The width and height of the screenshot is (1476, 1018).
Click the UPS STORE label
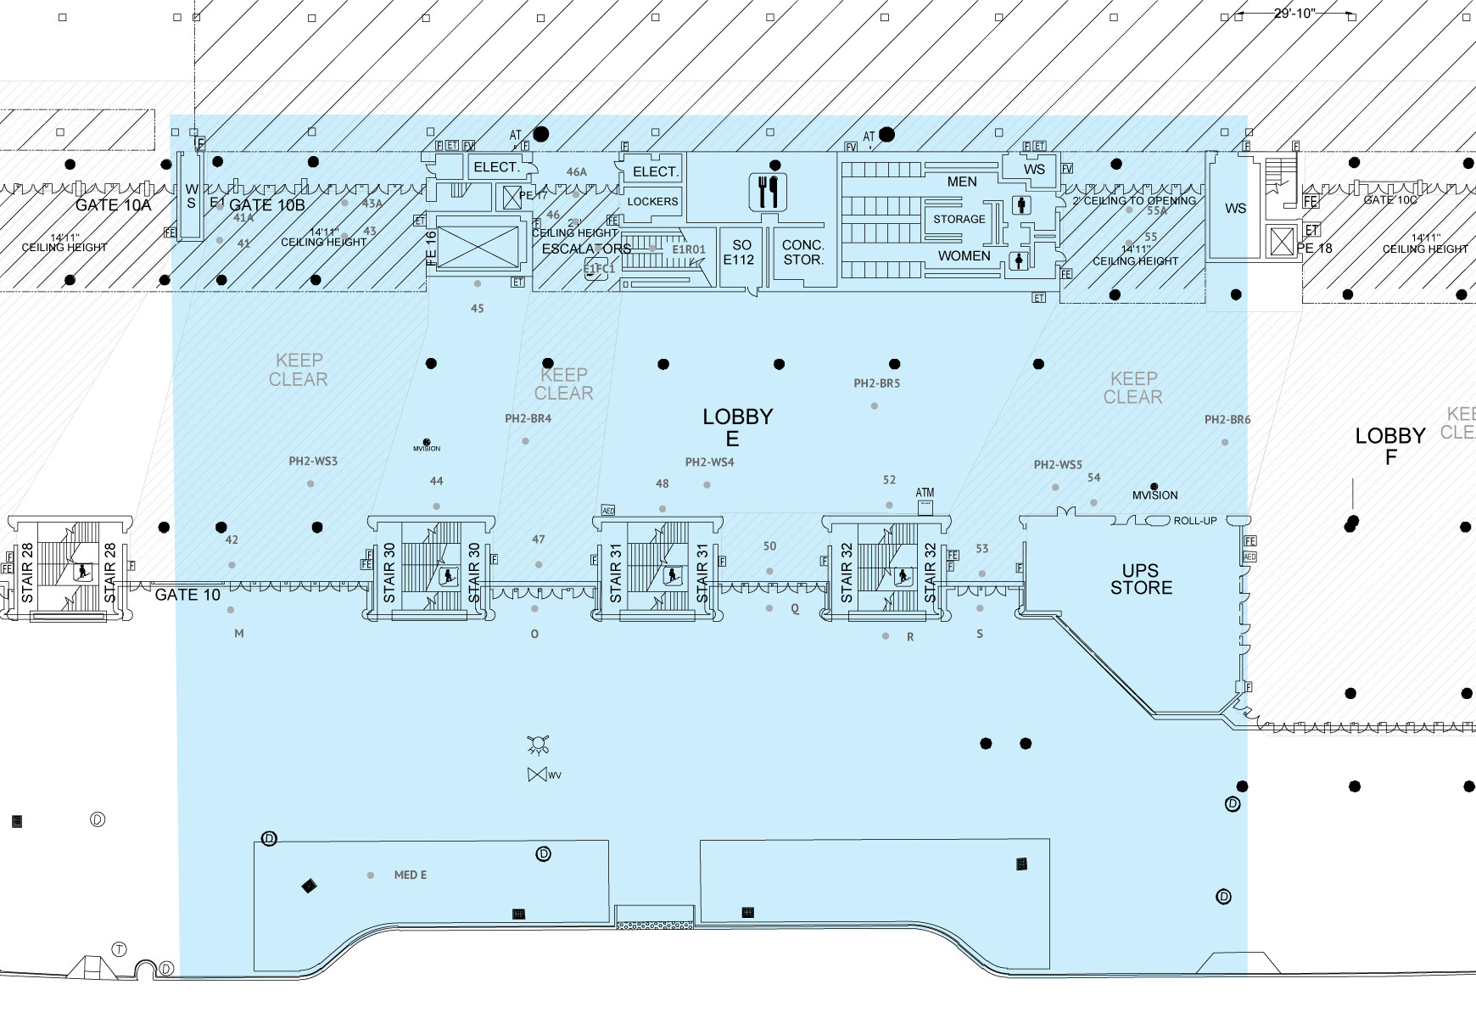pos(1141,579)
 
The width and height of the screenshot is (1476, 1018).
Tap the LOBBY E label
pos(736,428)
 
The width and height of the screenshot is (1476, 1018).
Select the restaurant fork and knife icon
pos(769,192)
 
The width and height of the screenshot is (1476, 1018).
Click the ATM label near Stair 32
pos(925,493)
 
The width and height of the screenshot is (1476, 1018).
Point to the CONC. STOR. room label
pos(802,252)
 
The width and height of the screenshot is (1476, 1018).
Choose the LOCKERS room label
pos(652,202)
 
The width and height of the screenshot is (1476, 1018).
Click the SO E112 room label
pos(739,252)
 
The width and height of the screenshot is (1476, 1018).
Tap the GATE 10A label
pos(113,205)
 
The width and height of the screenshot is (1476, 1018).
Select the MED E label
pos(411,875)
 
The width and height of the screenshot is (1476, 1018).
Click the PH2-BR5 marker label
pos(876,383)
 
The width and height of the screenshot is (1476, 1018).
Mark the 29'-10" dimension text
pos(1294,13)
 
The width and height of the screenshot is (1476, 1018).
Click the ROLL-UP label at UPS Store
pos(1194,521)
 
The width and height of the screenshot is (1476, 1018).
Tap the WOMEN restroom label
pos(964,256)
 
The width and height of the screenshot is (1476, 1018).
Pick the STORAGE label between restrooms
pos(959,219)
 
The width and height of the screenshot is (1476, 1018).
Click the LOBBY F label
pos(1389,446)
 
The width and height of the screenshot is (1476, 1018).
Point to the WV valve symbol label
pos(555,775)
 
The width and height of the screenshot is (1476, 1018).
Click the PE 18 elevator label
pos(1315,249)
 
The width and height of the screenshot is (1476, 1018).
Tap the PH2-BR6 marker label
pos(1227,420)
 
